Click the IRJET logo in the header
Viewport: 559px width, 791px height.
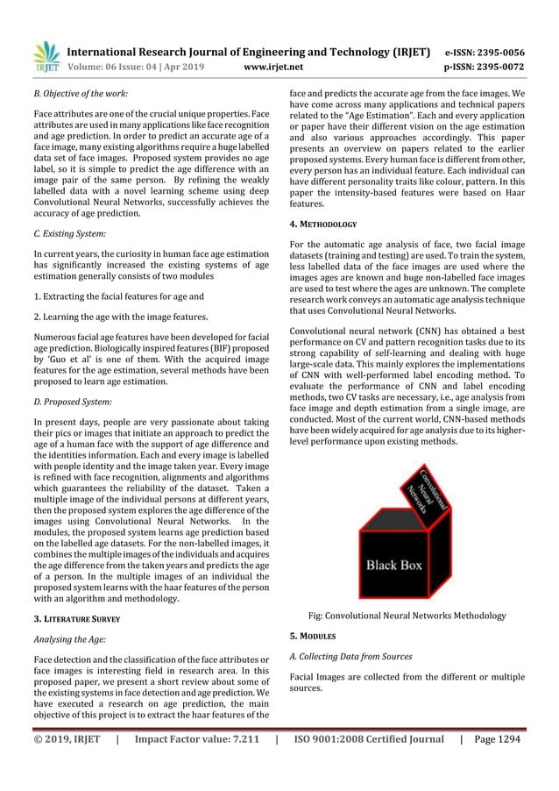(x=45, y=55)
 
